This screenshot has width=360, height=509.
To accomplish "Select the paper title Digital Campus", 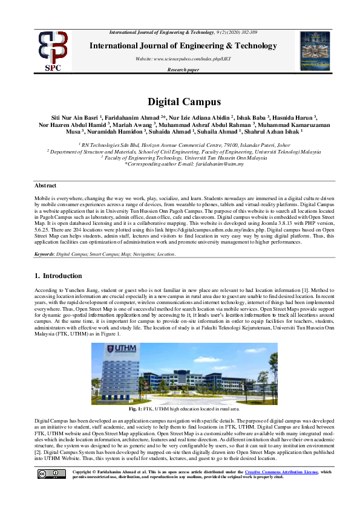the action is pyautogui.click(x=180, y=102).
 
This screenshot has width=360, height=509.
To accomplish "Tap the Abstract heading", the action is pyautogui.click(x=45, y=186).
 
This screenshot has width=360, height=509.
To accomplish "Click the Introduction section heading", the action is pyautogui.click(x=57, y=276).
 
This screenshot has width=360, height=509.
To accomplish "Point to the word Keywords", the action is pyautogui.click(x=44, y=254).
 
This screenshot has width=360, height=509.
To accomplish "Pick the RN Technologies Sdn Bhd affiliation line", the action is pyautogui.click(x=179, y=146).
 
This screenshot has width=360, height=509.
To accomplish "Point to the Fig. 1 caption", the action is pyautogui.click(x=179, y=409).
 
